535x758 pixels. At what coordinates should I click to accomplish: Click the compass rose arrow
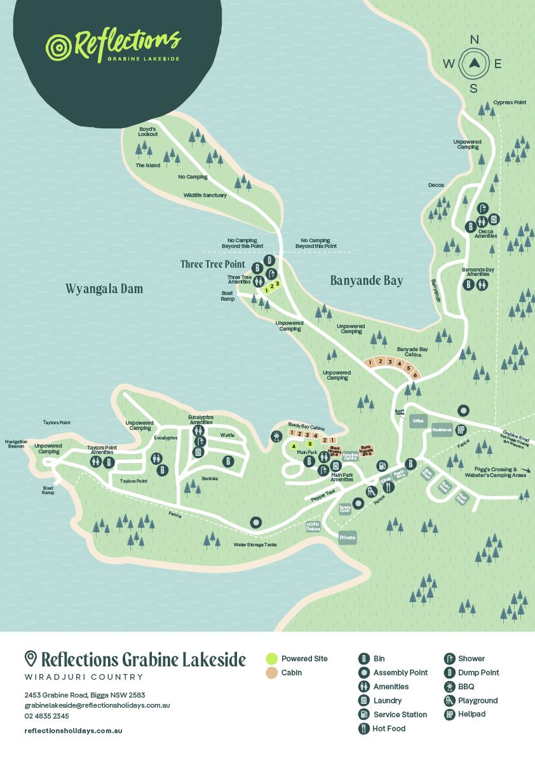(474, 63)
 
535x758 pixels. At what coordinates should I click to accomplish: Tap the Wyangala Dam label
(104, 289)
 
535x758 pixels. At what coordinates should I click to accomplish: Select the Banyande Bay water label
(367, 280)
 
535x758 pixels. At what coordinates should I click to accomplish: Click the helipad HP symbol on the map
(462, 430)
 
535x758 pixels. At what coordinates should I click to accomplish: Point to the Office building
(417, 421)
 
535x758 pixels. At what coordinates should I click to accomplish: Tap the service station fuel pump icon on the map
(382, 466)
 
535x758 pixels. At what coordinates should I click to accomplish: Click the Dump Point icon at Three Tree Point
(269, 260)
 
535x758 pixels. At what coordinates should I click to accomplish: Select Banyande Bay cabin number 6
(415, 375)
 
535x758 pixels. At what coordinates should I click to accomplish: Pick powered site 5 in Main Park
(309, 444)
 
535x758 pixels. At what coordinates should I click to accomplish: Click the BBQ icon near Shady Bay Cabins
(276, 436)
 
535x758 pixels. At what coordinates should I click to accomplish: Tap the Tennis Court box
(344, 508)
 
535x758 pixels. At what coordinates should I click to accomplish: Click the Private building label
(348, 537)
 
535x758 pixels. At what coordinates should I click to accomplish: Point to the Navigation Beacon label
(16, 444)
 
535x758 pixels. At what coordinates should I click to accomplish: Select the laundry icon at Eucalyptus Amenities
(198, 453)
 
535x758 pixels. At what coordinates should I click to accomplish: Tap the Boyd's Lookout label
(147, 132)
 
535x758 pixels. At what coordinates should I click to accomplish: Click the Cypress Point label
(510, 102)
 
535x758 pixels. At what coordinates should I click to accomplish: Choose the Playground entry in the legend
(477, 700)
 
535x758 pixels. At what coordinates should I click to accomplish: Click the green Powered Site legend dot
(271, 659)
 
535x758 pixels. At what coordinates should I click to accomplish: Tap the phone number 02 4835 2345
(46, 716)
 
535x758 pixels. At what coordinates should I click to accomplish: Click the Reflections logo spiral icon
(58, 47)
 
